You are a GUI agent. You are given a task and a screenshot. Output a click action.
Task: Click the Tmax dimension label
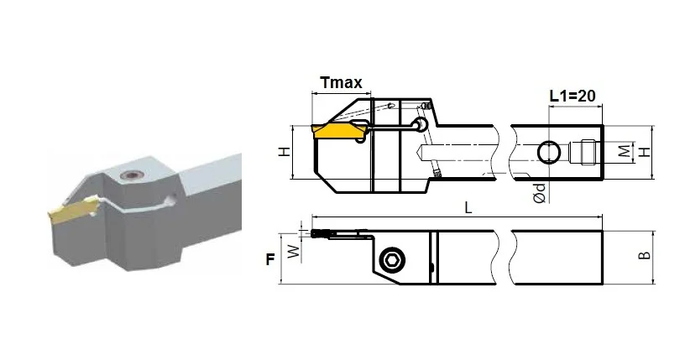[341, 82]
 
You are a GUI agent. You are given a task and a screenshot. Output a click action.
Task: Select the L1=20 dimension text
[572, 96]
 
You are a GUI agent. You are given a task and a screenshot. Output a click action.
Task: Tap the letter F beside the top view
[270, 259]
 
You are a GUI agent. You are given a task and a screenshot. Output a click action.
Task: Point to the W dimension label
[295, 251]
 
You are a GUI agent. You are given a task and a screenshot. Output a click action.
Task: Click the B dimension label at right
[645, 255]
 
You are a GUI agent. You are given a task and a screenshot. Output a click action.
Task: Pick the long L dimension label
[468, 207]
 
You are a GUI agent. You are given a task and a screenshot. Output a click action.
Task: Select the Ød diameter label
[540, 193]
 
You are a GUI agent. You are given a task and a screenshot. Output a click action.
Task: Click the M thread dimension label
[625, 151]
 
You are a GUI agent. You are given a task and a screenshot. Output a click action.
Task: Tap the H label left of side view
[285, 152]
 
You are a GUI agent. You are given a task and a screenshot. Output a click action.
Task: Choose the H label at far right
[645, 152]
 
